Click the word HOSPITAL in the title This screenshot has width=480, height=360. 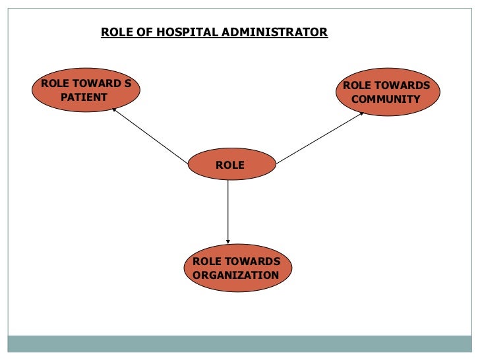(183, 32)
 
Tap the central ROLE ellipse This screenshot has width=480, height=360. (230, 165)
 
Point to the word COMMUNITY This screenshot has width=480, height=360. (386, 100)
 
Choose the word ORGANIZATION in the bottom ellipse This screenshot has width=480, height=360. (236, 275)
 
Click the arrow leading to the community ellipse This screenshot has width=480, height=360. (320, 137)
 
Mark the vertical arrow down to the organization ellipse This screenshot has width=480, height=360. (228, 211)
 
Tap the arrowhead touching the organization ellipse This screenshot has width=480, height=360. (228, 241)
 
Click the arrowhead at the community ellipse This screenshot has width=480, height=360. (361, 113)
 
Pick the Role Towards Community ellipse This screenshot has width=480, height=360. (386, 92)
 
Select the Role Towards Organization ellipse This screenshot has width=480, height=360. (236, 268)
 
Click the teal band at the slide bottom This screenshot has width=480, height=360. (240, 344)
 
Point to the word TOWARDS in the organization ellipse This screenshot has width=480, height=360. (253, 262)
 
